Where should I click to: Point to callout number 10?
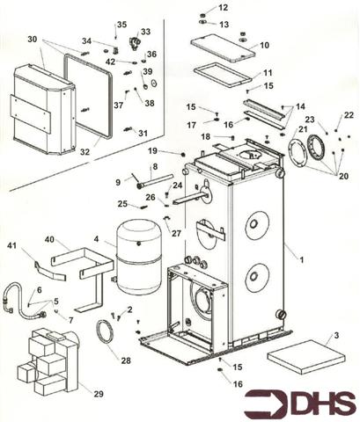pos(264,45)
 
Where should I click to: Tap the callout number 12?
pos(224,7)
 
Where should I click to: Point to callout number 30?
pos(33,40)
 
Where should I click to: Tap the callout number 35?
pos(121,24)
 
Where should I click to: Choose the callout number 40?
pos(50,239)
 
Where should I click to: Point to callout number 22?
pos(349,115)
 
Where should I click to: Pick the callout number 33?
pos(145,32)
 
